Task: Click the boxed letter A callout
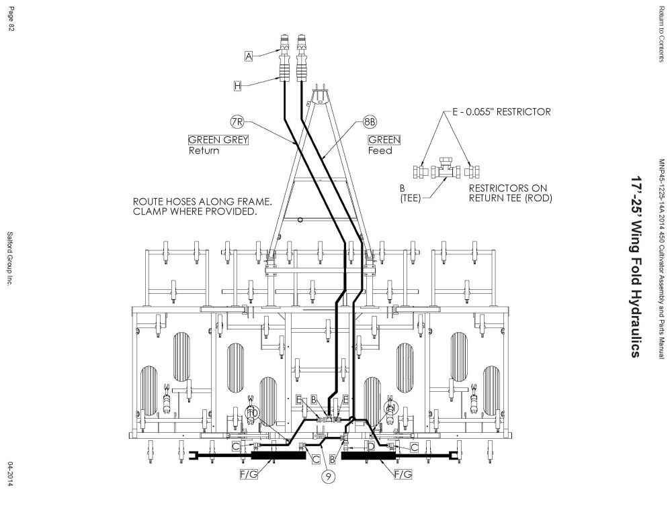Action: [x=249, y=56]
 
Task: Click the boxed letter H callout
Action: [x=237, y=86]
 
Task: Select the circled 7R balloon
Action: [x=237, y=122]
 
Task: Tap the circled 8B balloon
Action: [x=370, y=122]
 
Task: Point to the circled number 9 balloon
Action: [x=328, y=476]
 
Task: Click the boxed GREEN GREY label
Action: [x=218, y=140]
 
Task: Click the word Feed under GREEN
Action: [x=380, y=151]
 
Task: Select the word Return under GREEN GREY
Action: [x=204, y=151]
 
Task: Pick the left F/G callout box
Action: [x=249, y=474]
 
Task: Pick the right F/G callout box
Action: [x=403, y=474]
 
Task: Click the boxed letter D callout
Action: [x=371, y=447]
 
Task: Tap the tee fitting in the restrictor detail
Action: [x=446, y=169]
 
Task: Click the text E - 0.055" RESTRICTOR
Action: [x=501, y=112]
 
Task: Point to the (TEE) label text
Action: [x=411, y=198]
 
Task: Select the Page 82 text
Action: [x=11, y=19]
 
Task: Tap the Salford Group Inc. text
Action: [x=10, y=258]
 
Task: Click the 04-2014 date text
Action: [x=11, y=474]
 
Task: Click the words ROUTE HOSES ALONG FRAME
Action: [x=202, y=201]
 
